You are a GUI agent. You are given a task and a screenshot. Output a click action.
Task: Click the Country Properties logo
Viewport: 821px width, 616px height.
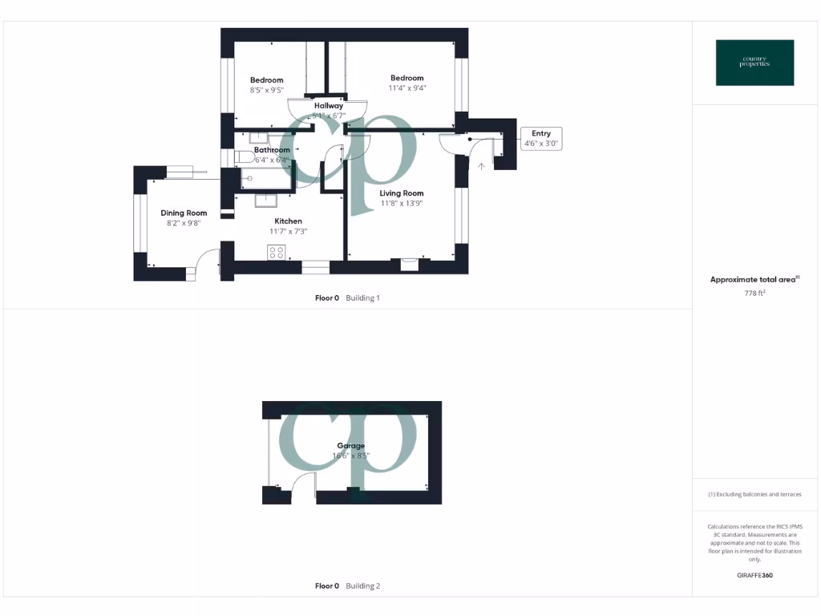point(754,63)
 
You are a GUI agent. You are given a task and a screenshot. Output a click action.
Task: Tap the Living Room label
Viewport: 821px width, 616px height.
point(402,193)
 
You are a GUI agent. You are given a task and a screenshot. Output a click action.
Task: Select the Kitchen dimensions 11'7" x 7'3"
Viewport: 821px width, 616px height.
point(289,231)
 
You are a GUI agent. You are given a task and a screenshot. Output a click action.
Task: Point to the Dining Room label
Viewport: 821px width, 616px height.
point(184,213)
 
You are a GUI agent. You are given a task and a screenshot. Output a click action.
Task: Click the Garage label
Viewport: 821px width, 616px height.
point(351,446)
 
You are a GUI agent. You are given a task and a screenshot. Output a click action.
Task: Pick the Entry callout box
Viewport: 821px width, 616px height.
point(541,139)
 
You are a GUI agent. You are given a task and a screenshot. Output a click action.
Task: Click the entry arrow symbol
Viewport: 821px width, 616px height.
point(481,167)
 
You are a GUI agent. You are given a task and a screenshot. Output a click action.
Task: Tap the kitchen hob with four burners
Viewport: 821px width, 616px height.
point(277,253)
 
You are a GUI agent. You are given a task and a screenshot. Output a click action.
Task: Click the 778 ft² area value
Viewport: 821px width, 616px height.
point(754,294)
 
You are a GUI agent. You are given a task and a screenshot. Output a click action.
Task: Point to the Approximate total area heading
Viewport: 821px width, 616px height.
point(754,280)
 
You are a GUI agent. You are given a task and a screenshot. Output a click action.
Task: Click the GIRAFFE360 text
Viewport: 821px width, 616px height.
point(754,575)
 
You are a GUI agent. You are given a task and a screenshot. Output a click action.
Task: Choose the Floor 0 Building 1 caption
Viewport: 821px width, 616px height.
point(347,298)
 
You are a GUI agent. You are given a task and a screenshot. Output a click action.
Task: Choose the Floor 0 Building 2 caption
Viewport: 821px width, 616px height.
point(347,586)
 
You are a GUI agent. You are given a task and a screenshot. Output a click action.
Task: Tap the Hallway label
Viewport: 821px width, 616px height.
point(329,106)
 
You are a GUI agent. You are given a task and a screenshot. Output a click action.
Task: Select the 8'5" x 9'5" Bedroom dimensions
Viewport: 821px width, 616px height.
point(266,91)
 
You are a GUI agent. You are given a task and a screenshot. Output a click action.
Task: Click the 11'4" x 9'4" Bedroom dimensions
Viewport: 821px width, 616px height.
point(407,88)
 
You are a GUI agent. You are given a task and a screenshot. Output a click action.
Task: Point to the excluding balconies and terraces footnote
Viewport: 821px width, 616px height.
point(754,495)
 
